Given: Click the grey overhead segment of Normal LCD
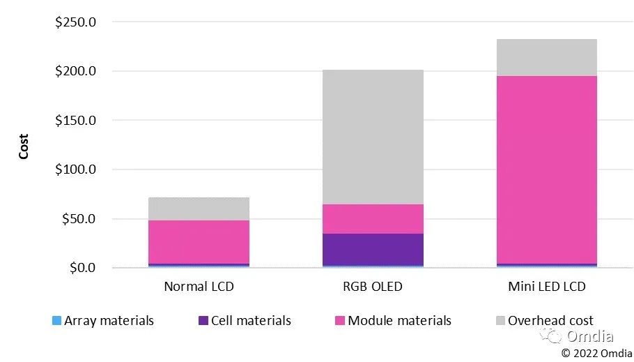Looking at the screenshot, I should point(199,209).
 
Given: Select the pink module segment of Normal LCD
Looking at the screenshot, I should point(199,241).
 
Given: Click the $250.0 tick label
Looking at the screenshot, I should point(75,22).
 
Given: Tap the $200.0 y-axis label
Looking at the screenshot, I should point(75,71).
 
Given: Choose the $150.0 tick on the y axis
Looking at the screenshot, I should point(75,120).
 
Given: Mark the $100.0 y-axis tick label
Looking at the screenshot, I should point(75,169).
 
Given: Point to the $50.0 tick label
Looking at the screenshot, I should point(79,218).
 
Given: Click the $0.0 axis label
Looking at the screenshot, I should point(82,268).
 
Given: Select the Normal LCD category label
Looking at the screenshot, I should point(199,287).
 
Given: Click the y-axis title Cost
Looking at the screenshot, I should point(24,146).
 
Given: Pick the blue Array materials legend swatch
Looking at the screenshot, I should point(56,321).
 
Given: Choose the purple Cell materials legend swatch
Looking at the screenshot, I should point(203,321).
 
